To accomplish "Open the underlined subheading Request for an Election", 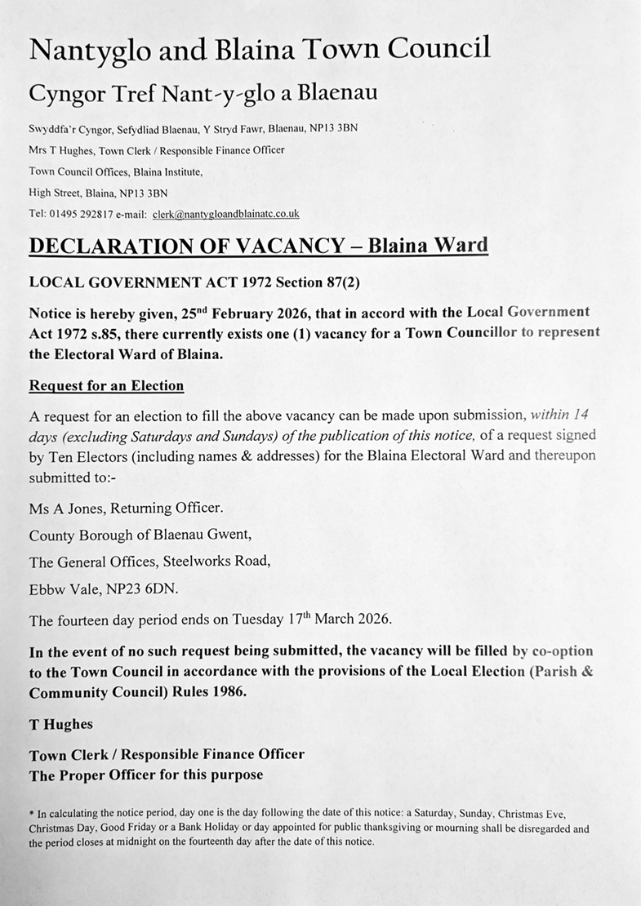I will (106, 385).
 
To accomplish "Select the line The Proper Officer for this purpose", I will (146, 775).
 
